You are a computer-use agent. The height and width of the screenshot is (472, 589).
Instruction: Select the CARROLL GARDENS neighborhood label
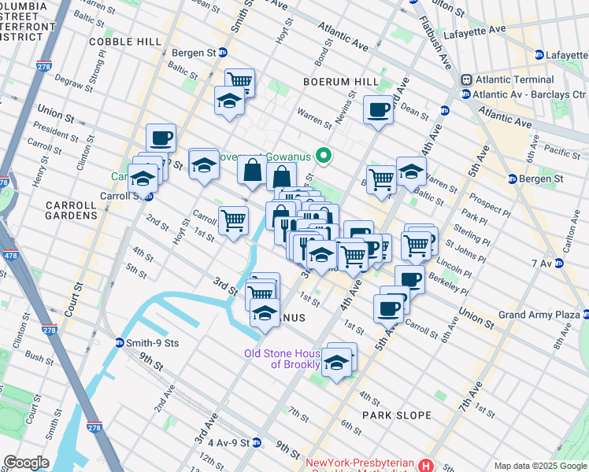point(71,210)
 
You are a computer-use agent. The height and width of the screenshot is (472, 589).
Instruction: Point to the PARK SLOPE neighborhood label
point(397,415)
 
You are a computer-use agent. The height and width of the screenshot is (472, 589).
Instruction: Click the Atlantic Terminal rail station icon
point(466,79)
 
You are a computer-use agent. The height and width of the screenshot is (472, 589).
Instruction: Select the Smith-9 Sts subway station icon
point(120,343)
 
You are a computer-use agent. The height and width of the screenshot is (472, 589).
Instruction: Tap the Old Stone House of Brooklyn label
point(282,359)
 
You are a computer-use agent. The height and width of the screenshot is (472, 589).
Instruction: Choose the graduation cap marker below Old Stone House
point(336,363)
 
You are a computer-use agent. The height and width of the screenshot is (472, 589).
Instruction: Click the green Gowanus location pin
point(321,155)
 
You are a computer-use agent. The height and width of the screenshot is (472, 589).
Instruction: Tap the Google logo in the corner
point(27,463)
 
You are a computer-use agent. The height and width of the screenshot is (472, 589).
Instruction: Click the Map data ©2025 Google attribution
point(540,466)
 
